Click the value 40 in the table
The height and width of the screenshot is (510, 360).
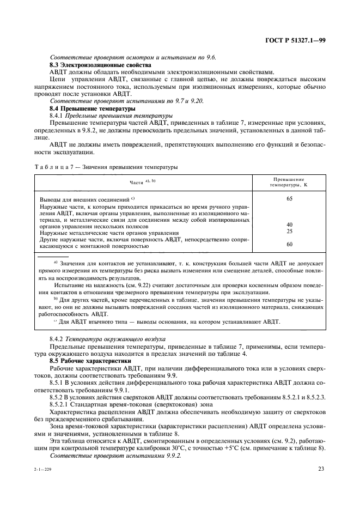[x=289, y=224]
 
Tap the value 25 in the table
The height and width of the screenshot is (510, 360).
[x=289, y=231]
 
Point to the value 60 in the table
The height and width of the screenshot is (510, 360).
[x=289, y=244]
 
